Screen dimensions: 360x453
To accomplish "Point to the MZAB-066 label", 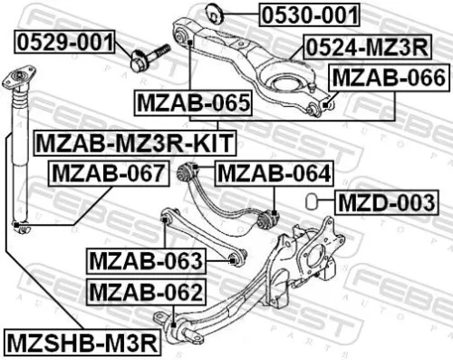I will click(x=387, y=79).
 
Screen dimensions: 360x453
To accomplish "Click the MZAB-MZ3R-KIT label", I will click(x=133, y=141).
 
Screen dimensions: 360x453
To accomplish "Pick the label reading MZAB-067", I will click(x=108, y=172).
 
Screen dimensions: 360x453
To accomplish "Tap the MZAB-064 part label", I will click(x=274, y=172).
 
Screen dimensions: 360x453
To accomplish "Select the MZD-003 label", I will click(x=384, y=201).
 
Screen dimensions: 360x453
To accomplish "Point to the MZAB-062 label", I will click(x=145, y=293).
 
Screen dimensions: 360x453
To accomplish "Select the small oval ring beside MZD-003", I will click(x=310, y=200).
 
